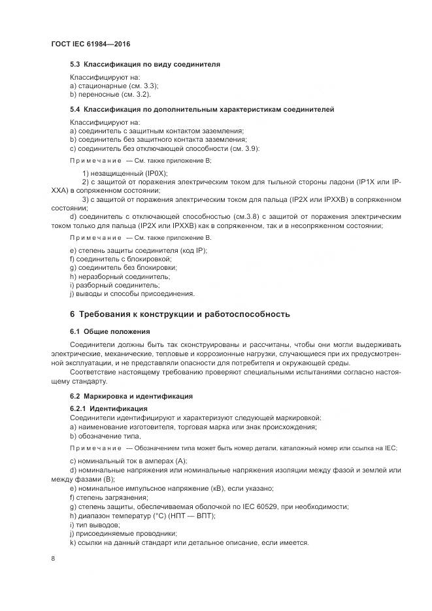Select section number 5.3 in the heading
(x=75, y=65)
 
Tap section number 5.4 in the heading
(x=75, y=109)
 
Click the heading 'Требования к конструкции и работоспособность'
(x=187, y=314)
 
